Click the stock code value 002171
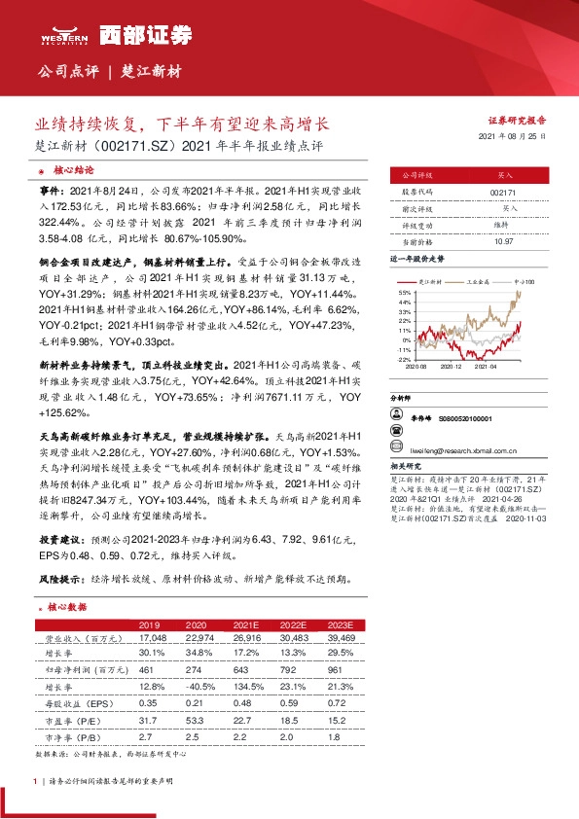[x=503, y=194]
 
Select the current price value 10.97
[x=503, y=240]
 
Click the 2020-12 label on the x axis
[x=452, y=368]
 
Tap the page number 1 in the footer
[x=35, y=782]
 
